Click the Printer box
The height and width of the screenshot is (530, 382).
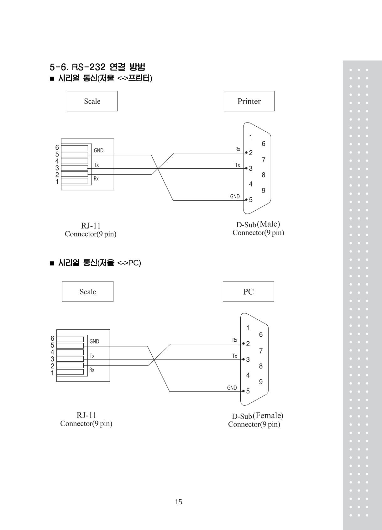tap(249, 101)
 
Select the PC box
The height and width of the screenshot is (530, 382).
tap(249, 291)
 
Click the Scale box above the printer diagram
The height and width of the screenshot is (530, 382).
tap(92, 101)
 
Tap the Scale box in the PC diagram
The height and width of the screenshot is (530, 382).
tap(88, 291)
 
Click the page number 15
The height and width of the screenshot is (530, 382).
tap(179, 502)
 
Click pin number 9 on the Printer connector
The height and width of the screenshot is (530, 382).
tap(264, 191)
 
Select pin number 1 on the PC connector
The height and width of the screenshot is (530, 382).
tap(248, 328)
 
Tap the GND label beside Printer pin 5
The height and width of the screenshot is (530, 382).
tap(235, 197)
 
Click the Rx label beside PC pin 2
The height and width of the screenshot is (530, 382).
tap(235, 340)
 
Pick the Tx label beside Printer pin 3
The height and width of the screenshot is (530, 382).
tap(238, 165)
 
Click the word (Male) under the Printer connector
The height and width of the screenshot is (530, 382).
tap(269, 224)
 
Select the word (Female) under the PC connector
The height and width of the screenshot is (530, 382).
tap(268, 415)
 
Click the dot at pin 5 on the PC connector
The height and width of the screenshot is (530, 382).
tap(243, 391)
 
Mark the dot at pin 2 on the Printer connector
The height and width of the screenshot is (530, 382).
tap(246, 153)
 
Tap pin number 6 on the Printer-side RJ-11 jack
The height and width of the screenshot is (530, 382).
tap(57, 147)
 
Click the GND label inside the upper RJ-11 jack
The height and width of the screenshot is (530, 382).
tap(99, 150)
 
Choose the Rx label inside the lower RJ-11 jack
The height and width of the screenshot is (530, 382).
tap(92, 370)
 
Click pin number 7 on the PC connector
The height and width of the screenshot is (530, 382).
tap(261, 351)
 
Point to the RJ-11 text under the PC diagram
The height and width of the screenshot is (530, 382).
tap(86, 415)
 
